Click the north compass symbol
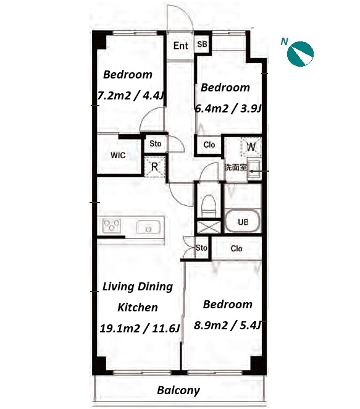300,54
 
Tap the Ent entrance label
181,46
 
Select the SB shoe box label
202,44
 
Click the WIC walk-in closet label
118,155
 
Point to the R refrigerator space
154,167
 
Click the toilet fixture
209,205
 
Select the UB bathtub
243,221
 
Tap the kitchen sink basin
148,227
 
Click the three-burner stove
112,226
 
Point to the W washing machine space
251,147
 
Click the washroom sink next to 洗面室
254,170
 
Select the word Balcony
178,390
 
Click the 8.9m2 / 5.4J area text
227,325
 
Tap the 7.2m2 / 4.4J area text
131,96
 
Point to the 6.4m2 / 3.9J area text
228,108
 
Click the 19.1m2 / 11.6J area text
140,329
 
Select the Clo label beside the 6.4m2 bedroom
209,145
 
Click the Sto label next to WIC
156,143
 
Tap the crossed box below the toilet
209,227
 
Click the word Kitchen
138,308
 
